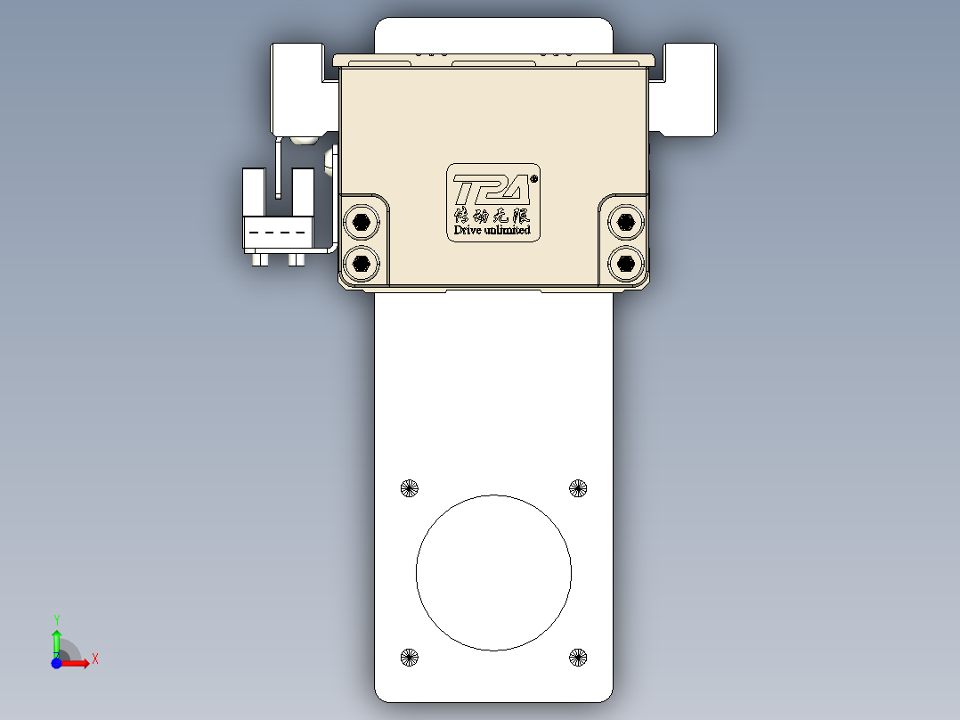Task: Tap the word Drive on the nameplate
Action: (x=468, y=230)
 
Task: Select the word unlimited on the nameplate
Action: (x=508, y=230)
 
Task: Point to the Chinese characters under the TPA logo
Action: (x=492, y=215)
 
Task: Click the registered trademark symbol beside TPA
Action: (x=533, y=178)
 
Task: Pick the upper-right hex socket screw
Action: (x=625, y=221)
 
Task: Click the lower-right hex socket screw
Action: (x=625, y=263)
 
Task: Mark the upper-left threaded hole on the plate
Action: (x=409, y=487)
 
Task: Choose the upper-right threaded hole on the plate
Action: (x=578, y=487)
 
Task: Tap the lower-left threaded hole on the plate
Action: (x=409, y=658)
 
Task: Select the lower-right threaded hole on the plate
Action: (x=578, y=658)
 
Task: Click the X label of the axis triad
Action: (x=95, y=659)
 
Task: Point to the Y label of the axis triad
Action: (x=56, y=618)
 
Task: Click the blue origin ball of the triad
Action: (x=56, y=663)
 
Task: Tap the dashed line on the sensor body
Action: (x=277, y=233)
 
